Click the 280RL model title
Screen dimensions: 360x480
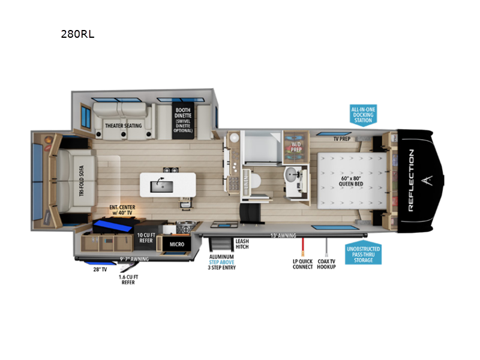point(77,34)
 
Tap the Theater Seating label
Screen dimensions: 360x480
point(124,125)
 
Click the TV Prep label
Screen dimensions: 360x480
point(342,137)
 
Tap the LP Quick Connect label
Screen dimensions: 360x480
point(303,264)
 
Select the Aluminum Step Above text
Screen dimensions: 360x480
point(222,259)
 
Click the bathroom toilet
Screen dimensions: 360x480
point(256,181)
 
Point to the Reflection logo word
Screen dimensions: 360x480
point(411,180)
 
